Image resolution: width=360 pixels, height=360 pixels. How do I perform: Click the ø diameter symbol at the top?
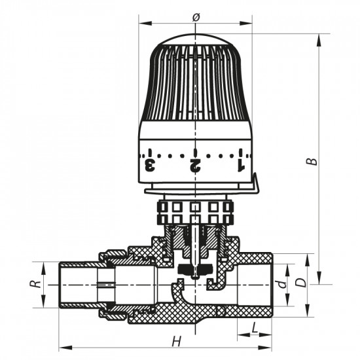click(x=196, y=16)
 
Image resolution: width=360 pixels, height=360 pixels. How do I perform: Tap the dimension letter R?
click(x=39, y=285)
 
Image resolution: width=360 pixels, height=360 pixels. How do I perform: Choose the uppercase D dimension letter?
click(x=300, y=283)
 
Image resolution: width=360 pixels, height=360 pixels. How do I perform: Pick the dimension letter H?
click(x=175, y=340)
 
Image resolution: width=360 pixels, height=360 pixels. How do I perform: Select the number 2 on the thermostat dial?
click(x=195, y=163)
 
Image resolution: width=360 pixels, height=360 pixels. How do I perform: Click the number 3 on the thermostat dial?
click(x=150, y=162)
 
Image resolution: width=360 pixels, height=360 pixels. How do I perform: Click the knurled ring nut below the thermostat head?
click(x=195, y=211)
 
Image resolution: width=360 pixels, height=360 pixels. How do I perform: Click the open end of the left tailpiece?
click(x=61, y=285)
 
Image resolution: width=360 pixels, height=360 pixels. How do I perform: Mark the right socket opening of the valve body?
click(x=262, y=285)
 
